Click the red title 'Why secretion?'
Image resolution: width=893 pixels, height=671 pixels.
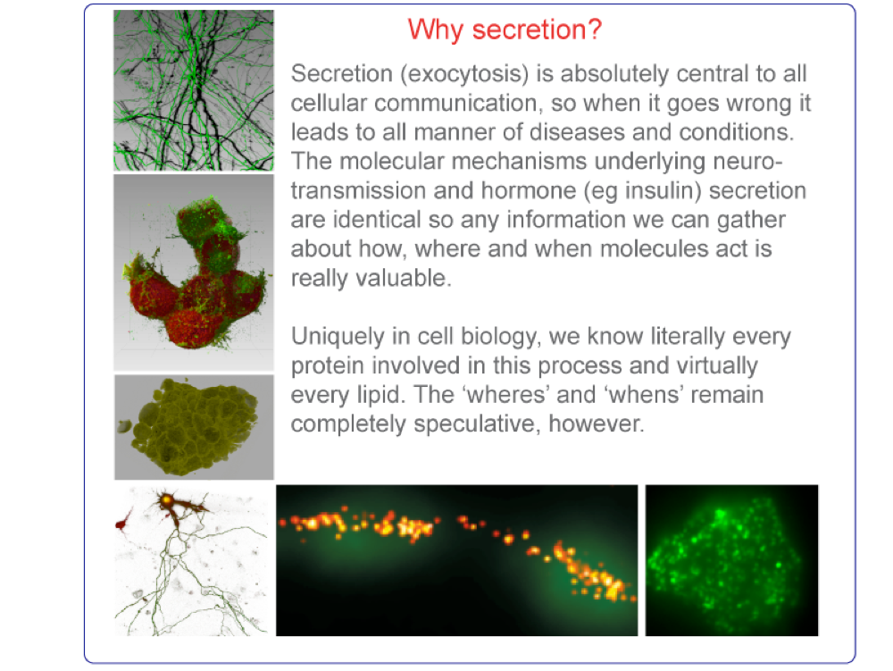505,29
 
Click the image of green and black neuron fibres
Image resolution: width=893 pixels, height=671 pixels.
194,90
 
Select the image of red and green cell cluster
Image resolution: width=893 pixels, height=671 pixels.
194,273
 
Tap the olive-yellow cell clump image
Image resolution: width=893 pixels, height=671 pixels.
194,427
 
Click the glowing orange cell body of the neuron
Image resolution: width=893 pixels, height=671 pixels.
166,500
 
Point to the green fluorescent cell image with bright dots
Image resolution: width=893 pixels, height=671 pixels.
732,560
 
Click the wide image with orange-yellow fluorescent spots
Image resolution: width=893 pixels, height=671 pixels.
456,560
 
